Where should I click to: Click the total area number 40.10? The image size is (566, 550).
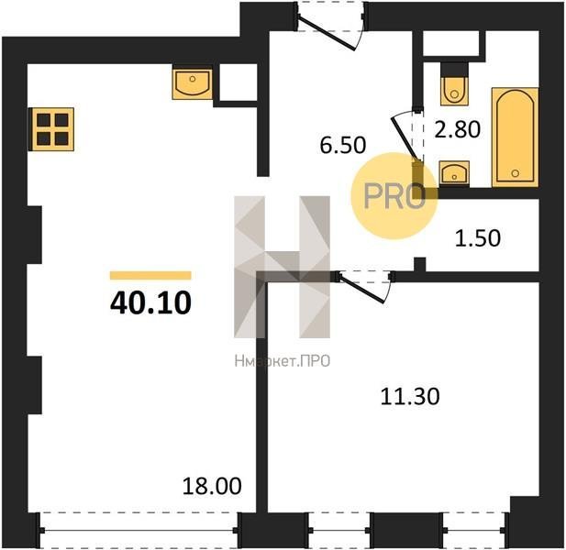[150, 302]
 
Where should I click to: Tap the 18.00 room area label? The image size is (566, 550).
[212, 486]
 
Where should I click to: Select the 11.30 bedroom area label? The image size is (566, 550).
[410, 396]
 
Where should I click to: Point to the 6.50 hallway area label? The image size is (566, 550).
[343, 145]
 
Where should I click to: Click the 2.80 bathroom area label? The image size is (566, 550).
[458, 129]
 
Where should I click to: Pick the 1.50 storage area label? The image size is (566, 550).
[478, 238]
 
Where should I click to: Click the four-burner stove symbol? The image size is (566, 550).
[51, 129]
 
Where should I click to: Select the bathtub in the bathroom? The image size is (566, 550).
[516, 137]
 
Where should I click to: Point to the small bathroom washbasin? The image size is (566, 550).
[454, 173]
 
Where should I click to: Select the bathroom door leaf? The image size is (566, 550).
[405, 138]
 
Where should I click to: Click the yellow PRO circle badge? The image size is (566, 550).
[394, 196]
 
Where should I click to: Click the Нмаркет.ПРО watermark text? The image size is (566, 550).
[283, 360]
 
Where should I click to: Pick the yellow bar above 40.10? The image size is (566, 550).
[150, 275]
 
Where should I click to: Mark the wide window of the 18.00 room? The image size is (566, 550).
[139, 530]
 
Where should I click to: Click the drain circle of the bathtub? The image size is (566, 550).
[516, 173]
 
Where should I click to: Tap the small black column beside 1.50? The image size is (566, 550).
[419, 264]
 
